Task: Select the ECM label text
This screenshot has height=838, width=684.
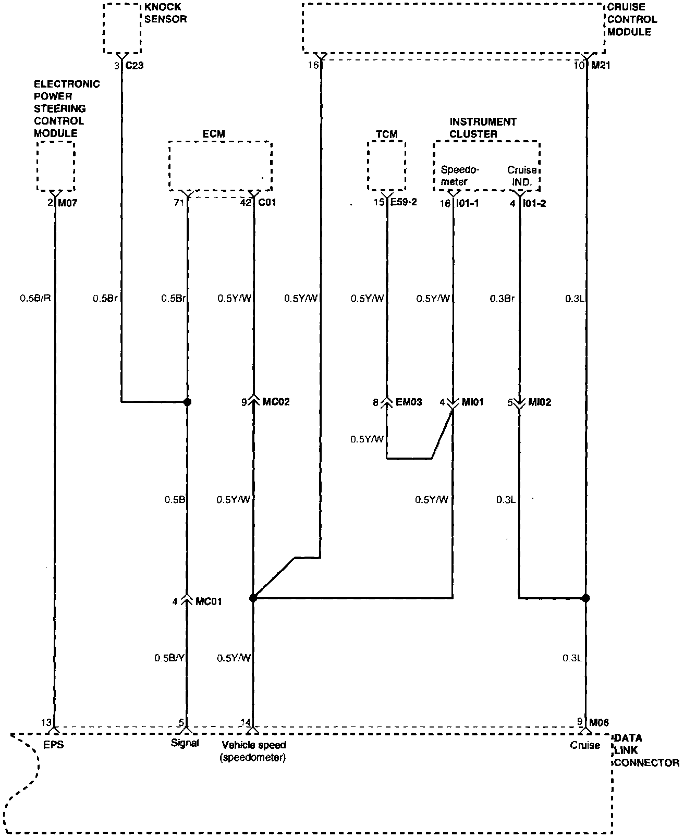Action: tap(214, 134)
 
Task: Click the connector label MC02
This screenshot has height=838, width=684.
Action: tap(276, 402)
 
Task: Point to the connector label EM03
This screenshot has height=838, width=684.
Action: tap(409, 402)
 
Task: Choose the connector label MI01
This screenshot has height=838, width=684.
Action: tap(473, 402)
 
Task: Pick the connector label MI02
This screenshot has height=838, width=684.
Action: tap(540, 402)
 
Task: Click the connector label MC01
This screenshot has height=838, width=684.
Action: tap(208, 601)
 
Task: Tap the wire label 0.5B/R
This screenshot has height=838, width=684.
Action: tap(35, 299)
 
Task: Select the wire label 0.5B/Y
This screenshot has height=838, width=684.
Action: tap(169, 658)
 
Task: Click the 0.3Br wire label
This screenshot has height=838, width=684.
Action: tap(502, 299)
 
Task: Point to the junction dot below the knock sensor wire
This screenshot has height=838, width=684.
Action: tap(188, 402)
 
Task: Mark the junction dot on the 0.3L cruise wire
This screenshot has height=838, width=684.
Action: tap(585, 598)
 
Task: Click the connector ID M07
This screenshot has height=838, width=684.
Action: tap(67, 203)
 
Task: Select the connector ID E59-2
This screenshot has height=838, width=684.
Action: tap(404, 203)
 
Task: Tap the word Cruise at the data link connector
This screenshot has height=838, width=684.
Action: tap(585, 745)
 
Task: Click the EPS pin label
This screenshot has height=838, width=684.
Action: tap(54, 745)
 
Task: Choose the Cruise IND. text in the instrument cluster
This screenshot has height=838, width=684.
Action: tap(522, 176)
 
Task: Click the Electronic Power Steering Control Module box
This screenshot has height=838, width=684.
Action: tap(56, 166)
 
